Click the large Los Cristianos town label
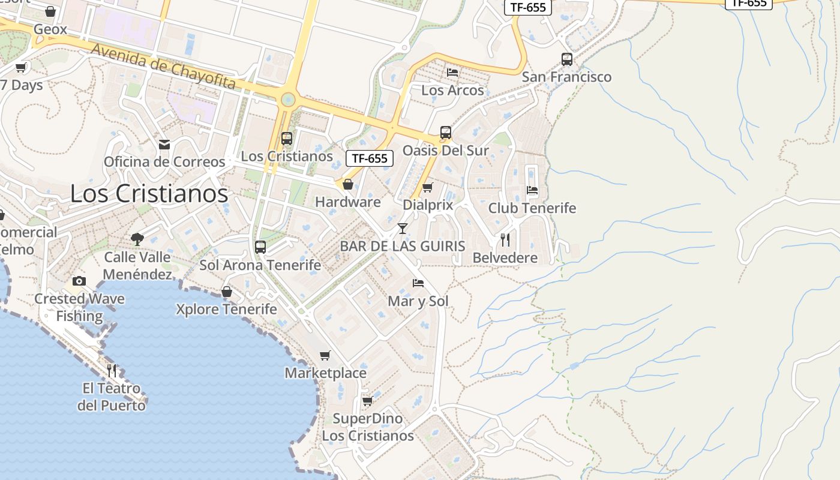click(x=149, y=194)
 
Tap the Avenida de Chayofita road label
click(x=163, y=67)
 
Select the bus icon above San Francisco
click(x=567, y=59)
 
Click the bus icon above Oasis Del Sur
click(x=445, y=133)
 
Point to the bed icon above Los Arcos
click(x=452, y=73)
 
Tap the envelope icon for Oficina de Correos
click(x=164, y=145)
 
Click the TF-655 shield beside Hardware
click(x=370, y=158)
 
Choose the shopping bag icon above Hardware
click(x=347, y=184)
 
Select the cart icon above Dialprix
click(x=427, y=188)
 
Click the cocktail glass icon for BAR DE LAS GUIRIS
click(x=403, y=229)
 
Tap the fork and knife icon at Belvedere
click(x=505, y=240)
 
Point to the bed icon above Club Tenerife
click(x=532, y=190)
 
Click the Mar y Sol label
click(x=418, y=301)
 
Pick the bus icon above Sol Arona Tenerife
click(x=260, y=247)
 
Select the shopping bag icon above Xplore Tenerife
click(x=227, y=292)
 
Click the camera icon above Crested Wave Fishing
click(x=79, y=281)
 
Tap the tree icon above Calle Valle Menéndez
click(x=137, y=239)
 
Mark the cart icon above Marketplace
click(x=325, y=355)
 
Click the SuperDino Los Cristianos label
click(x=368, y=427)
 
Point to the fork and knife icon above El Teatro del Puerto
click(x=112, y=370)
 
